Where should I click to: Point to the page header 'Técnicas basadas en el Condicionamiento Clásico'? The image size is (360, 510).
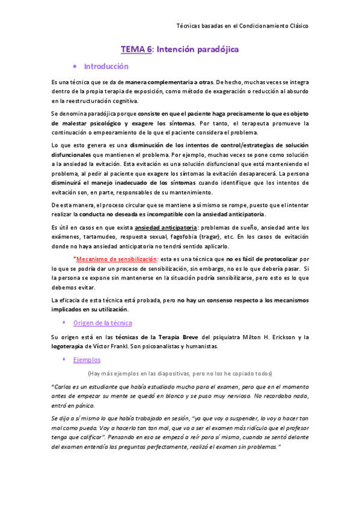click(242, 26)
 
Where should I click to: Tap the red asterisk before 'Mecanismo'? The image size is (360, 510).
click(75, 259)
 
